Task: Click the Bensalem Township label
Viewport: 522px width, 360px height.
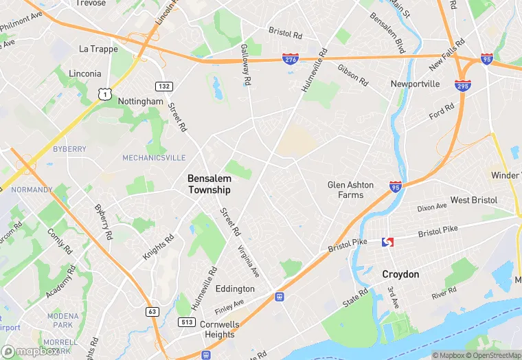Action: pyautogui.click(x=209, y=183)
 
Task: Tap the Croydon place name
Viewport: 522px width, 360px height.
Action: pyautogui.click(x=400, y=274)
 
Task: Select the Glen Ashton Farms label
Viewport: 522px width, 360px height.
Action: pyautogui.click(x=350, y=190)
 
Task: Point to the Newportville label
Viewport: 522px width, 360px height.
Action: pyautogui.click(x=415, y=84)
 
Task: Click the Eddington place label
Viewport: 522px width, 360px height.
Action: pyautogui.click(x=235, y=289)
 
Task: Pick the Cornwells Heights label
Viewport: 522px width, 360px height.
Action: pyautogui.click(x=219, y=329)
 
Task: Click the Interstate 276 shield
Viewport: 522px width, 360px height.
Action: pyautogui.click(x=291, y=60)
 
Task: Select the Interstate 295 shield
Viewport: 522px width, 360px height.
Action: pyautogui.click(x=462, y=85)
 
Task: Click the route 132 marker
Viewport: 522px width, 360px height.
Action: pyautogui.click(x=163, y=87)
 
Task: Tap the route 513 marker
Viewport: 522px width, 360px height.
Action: pyautogui.click(x=186, y=321)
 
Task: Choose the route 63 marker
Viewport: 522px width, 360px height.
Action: pyautogui.click(x=152, y=312)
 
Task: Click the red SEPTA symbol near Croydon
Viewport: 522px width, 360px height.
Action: pyautogui.click(x=387, y=242)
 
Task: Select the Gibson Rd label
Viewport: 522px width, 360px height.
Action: pyautogui.click(x=352, y=74)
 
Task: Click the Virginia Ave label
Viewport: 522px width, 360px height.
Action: pyautogui.click(x=249, y=261)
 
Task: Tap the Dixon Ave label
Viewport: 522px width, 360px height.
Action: pyautogui.click(x=432, y=207)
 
